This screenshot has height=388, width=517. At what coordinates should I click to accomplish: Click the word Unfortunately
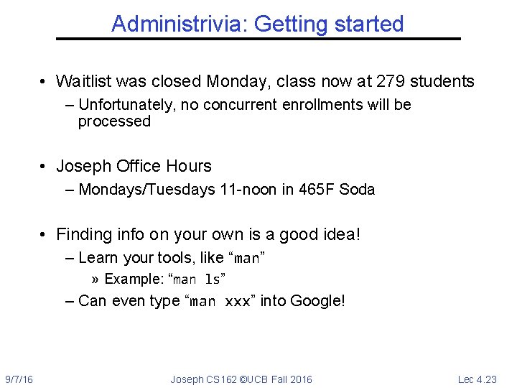(x=127, y=105)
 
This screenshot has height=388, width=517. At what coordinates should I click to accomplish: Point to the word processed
(x=114, y=121)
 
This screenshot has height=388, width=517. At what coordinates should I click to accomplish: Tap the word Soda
(x=357, y=190)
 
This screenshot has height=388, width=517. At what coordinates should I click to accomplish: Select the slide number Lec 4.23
(x=477, y=379)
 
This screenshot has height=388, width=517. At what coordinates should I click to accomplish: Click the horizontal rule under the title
(x=258, y=38)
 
